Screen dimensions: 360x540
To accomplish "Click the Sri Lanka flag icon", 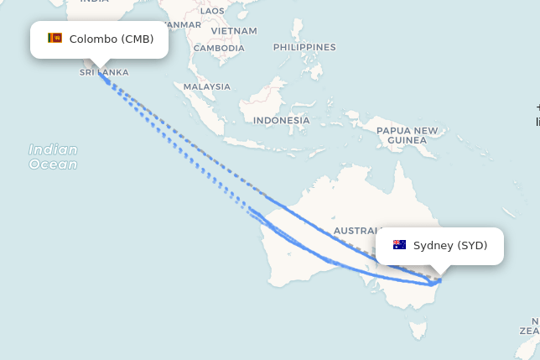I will click(55, 39).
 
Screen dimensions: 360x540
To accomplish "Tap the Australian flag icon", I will click(400, 245).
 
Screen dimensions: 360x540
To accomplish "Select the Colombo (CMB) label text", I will click(112, 39).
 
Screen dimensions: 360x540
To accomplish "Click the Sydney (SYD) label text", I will click(450, 245).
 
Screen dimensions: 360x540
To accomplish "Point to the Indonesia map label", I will click(281, 120).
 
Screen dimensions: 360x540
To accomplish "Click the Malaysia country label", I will click(206, 86).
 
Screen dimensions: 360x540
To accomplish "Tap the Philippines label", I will click(304, 47).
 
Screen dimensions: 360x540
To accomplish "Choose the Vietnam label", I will click(234, 31).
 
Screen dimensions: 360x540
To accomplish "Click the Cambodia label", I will click(219, 48).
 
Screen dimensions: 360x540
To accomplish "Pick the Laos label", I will click(213, 11).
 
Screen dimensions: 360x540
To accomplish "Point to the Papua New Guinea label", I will click(407, 135).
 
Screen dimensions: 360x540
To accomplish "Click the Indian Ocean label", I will click(53, 157).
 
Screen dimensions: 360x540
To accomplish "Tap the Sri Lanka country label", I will click(104, 72).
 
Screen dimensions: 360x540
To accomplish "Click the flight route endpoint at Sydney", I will click(437, 280).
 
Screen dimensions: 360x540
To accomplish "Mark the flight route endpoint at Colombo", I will click(100, 72).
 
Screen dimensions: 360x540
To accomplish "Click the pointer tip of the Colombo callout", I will click(100, 67).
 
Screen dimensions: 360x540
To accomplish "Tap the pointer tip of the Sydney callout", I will click(440, 273).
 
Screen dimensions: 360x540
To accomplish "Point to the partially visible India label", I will click(95, 3).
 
